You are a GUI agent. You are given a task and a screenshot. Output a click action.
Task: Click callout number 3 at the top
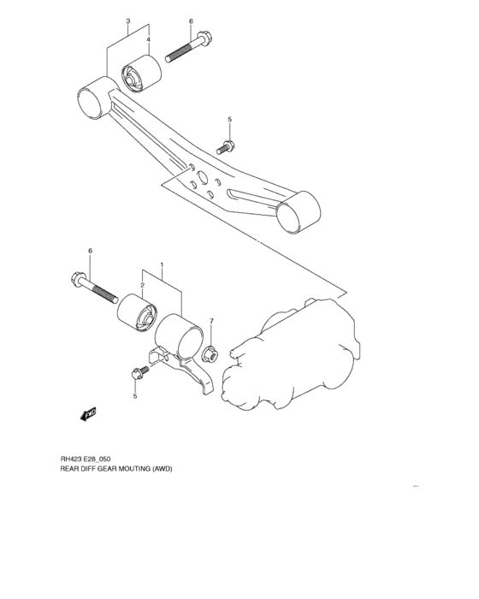click(127, 21)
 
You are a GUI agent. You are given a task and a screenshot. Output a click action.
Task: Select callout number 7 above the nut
click(212, 321)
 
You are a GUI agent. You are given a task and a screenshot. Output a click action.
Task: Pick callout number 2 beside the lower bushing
click(143, 285)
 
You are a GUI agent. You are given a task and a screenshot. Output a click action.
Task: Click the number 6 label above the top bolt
click(191, 21)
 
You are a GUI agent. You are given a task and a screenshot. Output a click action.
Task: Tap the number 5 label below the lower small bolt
click(133, 396)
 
